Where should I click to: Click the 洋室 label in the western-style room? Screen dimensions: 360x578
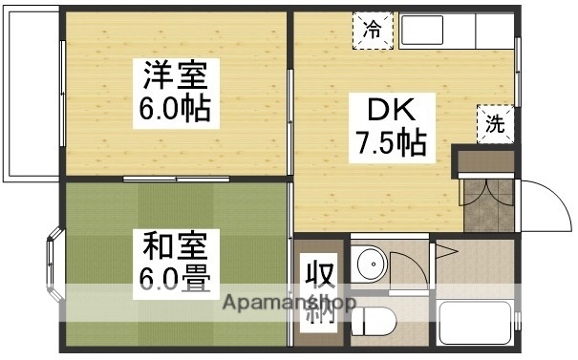(x=176, y=75)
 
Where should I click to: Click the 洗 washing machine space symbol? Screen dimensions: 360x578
(x=494, y=123)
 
